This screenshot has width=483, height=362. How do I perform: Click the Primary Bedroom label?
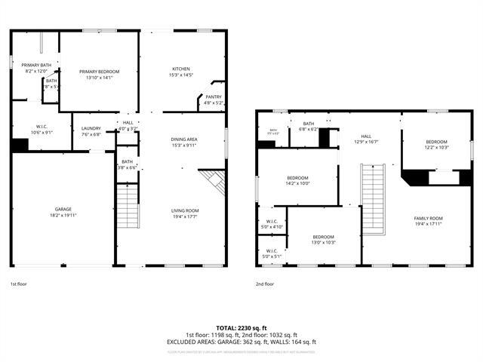point(100,74)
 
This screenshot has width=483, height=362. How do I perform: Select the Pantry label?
point(214,100)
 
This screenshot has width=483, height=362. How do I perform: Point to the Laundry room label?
point(91,131)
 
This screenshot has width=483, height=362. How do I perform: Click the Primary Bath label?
point(36,68)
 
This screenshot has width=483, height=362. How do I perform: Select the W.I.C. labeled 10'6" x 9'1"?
point(42,129)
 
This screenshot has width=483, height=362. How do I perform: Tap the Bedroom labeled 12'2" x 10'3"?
point(437,144)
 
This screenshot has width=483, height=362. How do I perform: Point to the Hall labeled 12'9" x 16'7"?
point(369,139)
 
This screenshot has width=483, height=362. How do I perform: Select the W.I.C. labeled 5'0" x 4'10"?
point(272,224)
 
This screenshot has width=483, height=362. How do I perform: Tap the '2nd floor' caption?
point(265,284)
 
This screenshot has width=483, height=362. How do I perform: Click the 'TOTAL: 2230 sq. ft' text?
point(241,328)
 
